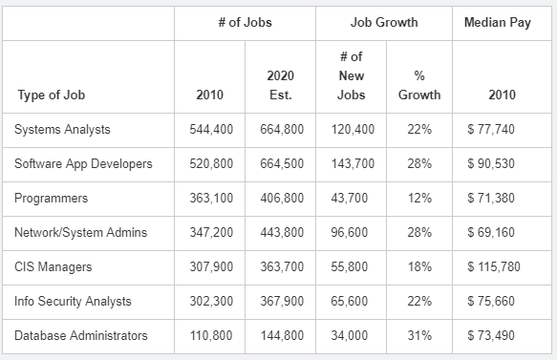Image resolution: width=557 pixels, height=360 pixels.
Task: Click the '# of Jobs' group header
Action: [x=246, y=22]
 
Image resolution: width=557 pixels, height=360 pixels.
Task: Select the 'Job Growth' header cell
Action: [x=384, y=22]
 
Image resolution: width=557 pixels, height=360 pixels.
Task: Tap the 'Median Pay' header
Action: [x=498, y=23]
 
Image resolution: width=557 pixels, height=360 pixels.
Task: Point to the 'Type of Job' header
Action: [x=52, y=95]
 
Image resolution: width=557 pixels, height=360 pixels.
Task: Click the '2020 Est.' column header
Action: [x=280, y=85]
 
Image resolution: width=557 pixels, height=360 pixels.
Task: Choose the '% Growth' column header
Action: [x=419, y=85]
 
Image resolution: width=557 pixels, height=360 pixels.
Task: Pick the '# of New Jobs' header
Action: [x=351, y=75]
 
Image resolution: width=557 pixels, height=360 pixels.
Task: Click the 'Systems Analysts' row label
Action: [x=62, y=130]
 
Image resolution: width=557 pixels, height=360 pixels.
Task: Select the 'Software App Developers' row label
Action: [x=83, y=164]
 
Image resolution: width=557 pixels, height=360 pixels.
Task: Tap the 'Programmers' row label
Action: [x=51, y=199]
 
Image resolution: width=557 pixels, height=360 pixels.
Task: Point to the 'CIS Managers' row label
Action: [x=53, y=267]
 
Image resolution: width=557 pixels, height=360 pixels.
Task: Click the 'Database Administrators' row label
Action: [x=80, y=335]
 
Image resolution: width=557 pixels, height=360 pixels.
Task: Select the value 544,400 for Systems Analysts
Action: [x=211, y=130]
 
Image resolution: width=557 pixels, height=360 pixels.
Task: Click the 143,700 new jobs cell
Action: [x=353, y=164]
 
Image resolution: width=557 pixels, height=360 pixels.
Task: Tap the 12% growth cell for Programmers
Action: [x=419, y=198]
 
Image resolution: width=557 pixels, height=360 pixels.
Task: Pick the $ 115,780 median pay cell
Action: [x=494, y=267]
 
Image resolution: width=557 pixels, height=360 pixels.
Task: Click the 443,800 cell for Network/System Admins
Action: [x=282, y=233]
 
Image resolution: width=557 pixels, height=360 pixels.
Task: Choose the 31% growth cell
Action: [x=419, y=335]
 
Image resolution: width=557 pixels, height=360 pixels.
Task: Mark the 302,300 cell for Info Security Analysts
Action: [x=211, y=302]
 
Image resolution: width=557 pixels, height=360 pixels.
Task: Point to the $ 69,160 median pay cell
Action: [x=491, y=233]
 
